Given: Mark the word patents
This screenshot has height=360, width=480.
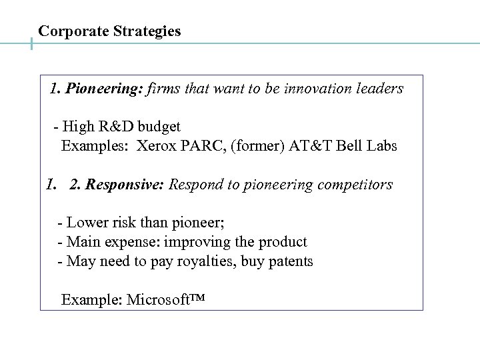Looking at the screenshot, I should [289, 261].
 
